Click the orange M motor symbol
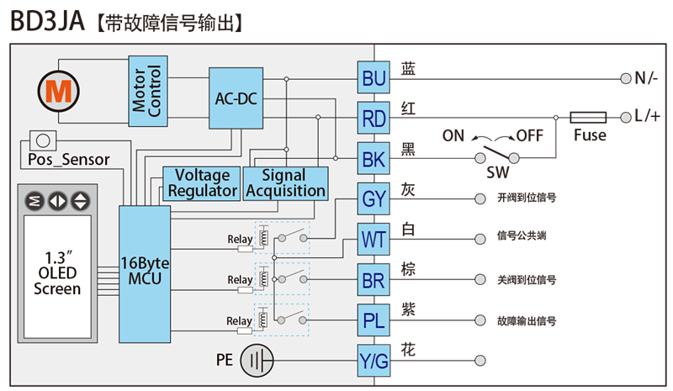[x=58, y=92]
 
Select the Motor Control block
[x=148, y=91]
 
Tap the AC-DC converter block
[x=236, y=98]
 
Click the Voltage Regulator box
[x=202, y=183]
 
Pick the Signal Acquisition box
[x=286, y=183]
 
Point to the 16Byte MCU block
[x=145, y=274]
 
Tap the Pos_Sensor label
[x=69, y=160]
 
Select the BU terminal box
[x=374, y=77]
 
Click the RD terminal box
[x=374, y=118]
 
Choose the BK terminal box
[x=374, y=158]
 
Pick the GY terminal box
[x=374, y=198]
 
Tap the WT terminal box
[x=374, y=239]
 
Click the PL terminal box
[x=374, y=320]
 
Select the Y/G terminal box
[x=374, y=361]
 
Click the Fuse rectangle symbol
[x=588, y=117]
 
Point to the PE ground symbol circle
[x=257, y=361]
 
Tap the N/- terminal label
[x=646, y=78]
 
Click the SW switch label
[x=498, y=172]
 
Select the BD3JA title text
[x=47, y=22]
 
